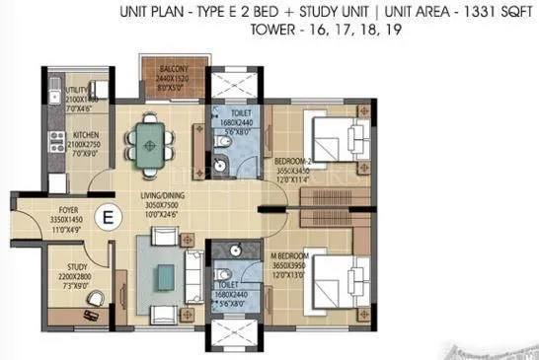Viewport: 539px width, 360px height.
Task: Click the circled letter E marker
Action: (105, 214)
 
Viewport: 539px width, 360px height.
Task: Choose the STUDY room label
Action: (78, 266)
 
